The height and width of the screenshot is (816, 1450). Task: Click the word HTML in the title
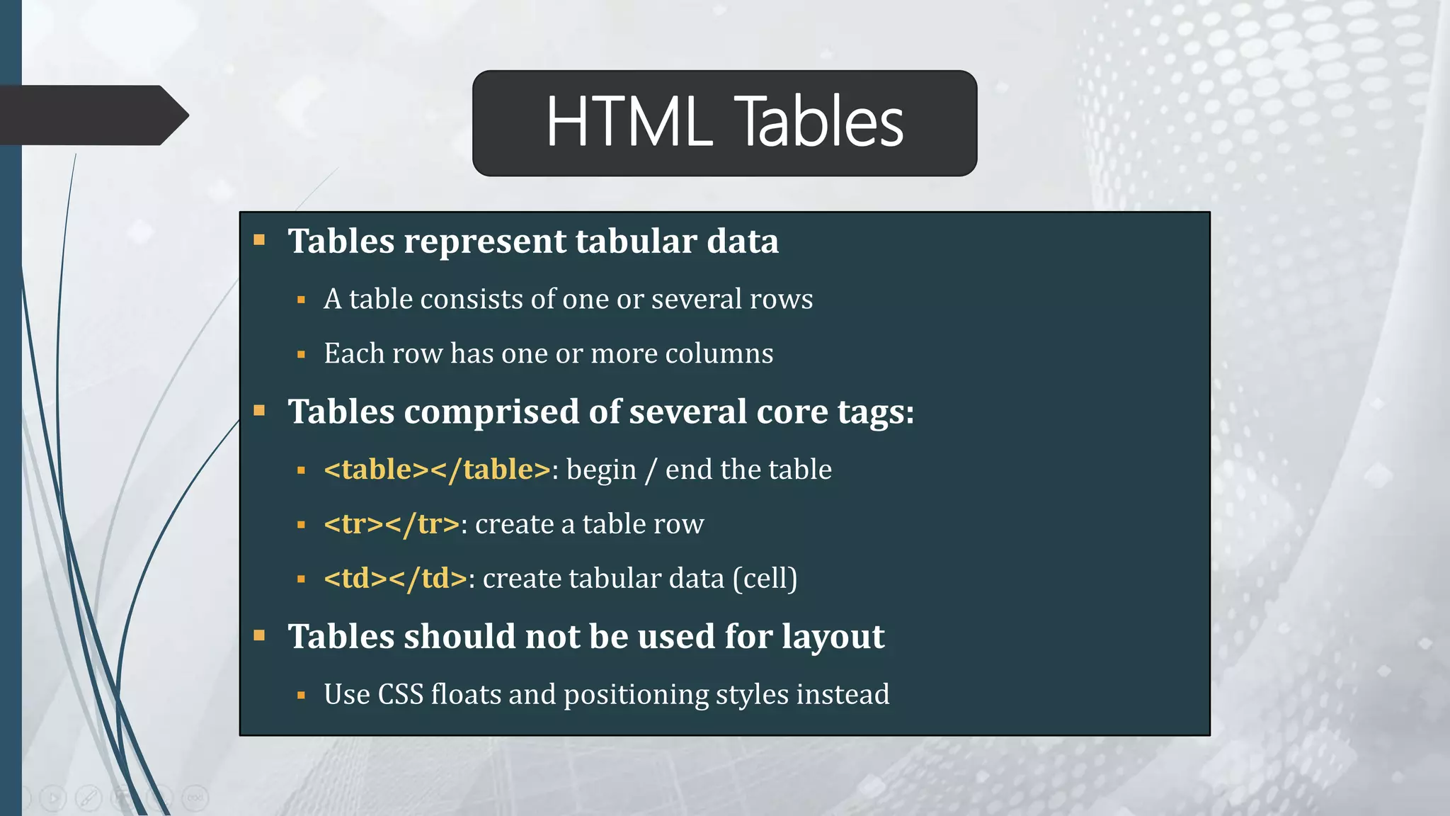(x=628, y=123)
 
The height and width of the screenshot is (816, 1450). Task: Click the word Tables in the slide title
(x=819, y=123)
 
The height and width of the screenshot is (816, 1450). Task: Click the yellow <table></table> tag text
(x=437, y=470)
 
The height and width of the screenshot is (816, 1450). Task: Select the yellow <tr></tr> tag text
(x=392, y=524)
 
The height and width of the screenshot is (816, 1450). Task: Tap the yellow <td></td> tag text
(x=395, y=579)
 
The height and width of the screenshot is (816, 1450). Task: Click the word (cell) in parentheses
(x=765, y=579)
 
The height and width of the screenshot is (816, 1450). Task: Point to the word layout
(x=833, y=637)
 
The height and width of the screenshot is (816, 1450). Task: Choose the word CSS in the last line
(x=400, y=694)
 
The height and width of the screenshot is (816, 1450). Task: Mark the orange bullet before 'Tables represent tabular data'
(x=259, y=240)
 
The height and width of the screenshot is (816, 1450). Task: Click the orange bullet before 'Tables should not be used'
(x=259, y=635)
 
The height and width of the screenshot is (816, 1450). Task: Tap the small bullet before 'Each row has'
(x=301, y=354)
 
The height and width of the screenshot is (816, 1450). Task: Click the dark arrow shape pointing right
(x=92, y=115)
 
